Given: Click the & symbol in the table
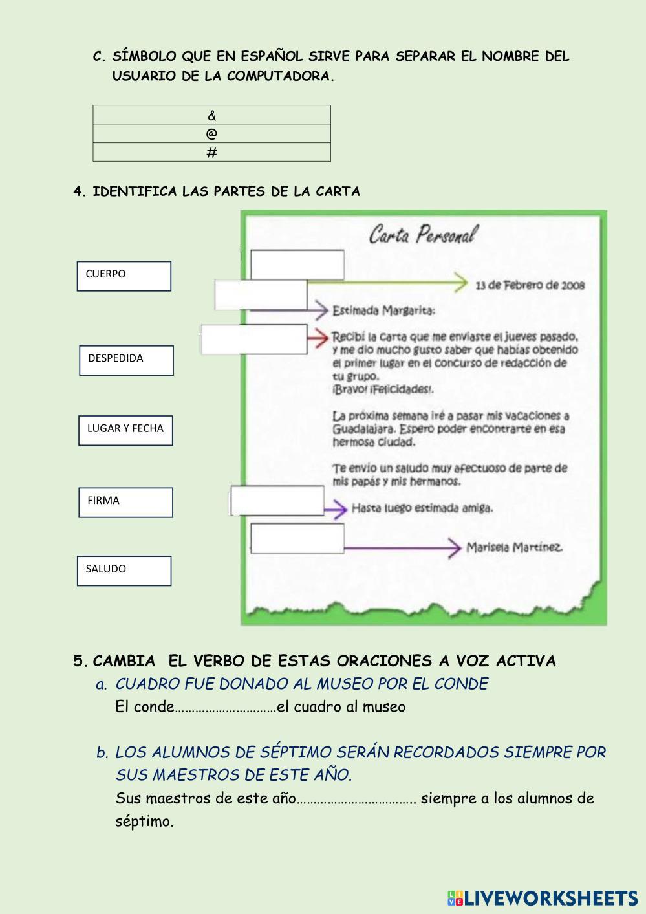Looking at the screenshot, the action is (212, 115).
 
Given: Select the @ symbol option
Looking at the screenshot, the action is (212, 134).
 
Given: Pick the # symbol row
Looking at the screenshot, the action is (212, 153).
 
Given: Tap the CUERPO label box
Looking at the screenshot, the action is (124, 276).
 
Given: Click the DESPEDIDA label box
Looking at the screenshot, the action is (126, 360).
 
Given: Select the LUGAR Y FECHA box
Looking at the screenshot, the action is (125, 430).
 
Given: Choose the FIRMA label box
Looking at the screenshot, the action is (125, 503).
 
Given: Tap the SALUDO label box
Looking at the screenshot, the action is (124, 571).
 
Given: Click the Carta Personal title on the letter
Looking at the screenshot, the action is (423, 234).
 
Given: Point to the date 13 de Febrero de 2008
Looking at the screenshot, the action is (530, 285).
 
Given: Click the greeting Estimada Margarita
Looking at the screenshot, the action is (383, 310).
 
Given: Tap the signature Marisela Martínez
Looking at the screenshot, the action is (514, 547).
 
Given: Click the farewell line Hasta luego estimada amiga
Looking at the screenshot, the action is (422, 508).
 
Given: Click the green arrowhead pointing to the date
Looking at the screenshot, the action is (460, 283).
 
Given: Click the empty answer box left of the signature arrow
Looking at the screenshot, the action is (297, 539).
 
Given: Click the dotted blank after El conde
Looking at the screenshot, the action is (225, 707).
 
